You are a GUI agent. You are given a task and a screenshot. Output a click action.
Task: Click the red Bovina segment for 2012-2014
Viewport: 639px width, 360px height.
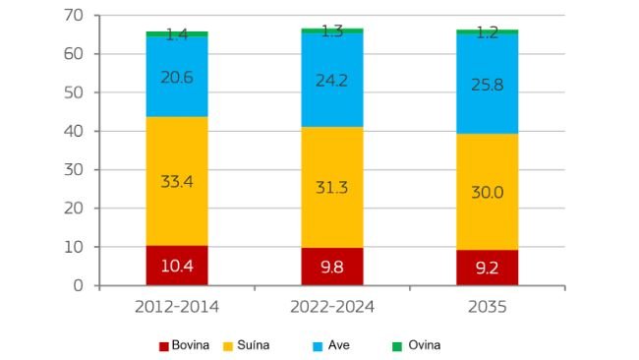(177, 266)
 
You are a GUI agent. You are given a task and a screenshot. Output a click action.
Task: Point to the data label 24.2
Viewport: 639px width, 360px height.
(331, 80)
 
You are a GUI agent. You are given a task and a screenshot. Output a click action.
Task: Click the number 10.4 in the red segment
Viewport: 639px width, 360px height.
(177, 266)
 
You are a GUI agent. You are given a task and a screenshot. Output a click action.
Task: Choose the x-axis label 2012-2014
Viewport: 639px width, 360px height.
(177, 307)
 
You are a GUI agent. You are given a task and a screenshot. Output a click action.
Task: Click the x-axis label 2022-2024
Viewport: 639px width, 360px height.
(331, 307)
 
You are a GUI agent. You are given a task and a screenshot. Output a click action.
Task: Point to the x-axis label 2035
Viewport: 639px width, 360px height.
(488, 307)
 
